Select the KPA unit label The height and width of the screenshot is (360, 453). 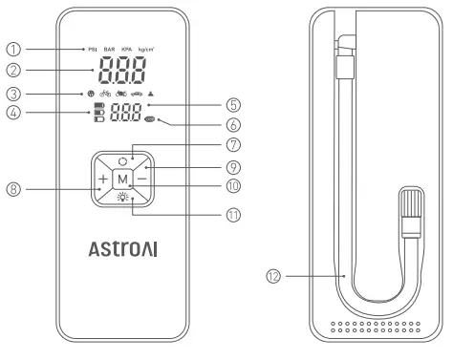click(129, 47)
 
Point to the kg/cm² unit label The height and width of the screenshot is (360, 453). click(150, 47)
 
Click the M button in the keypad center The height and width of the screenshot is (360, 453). click(123, 179)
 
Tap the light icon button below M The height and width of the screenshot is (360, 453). click(123, 198)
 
